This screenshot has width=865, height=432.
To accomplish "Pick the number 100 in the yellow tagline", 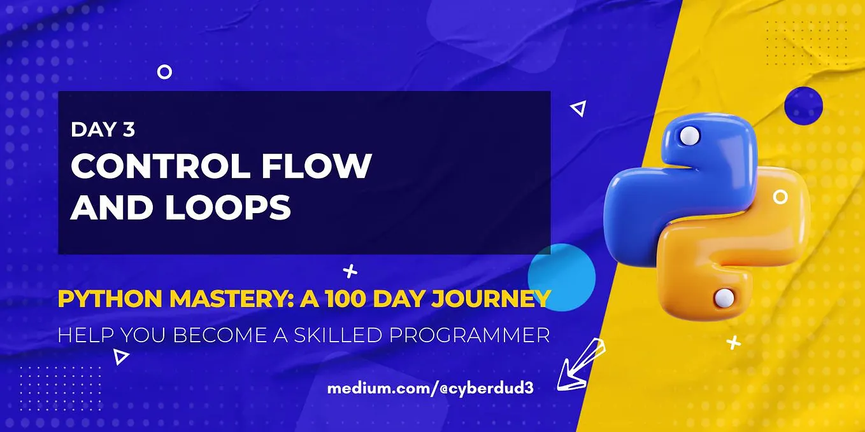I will pos(346,298).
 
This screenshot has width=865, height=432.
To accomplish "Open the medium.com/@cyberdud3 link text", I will pos(430,387).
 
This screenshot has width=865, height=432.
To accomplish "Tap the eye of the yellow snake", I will pos(723,296).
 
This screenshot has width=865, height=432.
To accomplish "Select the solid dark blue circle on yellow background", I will pos(803,105).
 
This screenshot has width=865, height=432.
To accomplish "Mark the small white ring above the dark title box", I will pos(164,72).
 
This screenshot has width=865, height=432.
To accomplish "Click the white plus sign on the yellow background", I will pos(734,343).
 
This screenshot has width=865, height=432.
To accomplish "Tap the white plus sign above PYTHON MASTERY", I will pos(350,272).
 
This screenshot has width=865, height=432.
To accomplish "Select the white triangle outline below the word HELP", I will pos(120,357).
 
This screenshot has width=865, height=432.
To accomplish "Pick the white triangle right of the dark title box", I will pos(578,109).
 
